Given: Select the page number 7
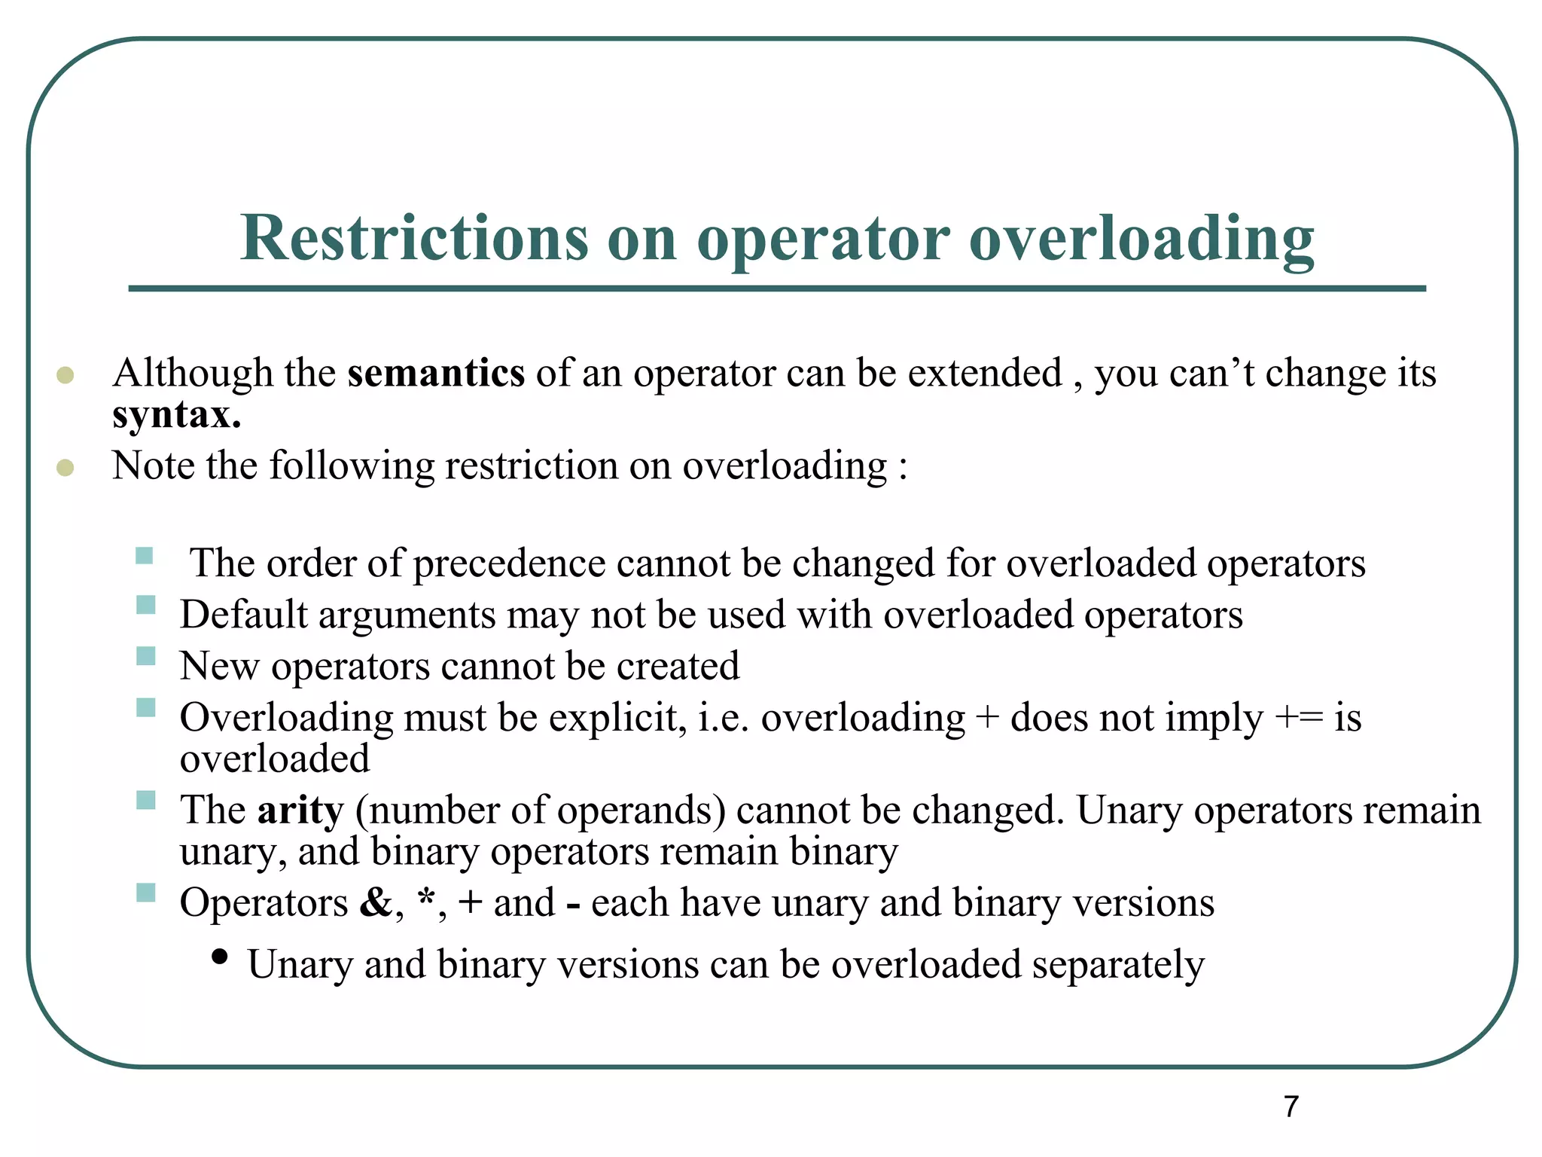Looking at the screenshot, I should click(1291, 1107).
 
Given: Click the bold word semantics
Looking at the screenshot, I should click(436, 373).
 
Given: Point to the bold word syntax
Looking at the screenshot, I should click(176, 416).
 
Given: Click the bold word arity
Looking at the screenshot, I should click(300, 811).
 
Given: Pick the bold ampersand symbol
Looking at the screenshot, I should click(376, 902).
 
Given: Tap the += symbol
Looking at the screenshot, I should click(1299, 718).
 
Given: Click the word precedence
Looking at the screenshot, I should click(509, 564).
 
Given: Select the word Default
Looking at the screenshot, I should click(243, 615).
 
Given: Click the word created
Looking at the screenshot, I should click(678, 666).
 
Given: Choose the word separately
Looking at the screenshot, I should click(1118, 966).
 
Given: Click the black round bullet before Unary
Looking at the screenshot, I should click(220, 957).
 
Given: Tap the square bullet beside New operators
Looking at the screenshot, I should click(146, 656).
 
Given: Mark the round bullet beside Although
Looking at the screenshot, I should click(66, 375).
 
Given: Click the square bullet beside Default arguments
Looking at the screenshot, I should click(146, 605).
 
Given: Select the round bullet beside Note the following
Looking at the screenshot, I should click(66, 468).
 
